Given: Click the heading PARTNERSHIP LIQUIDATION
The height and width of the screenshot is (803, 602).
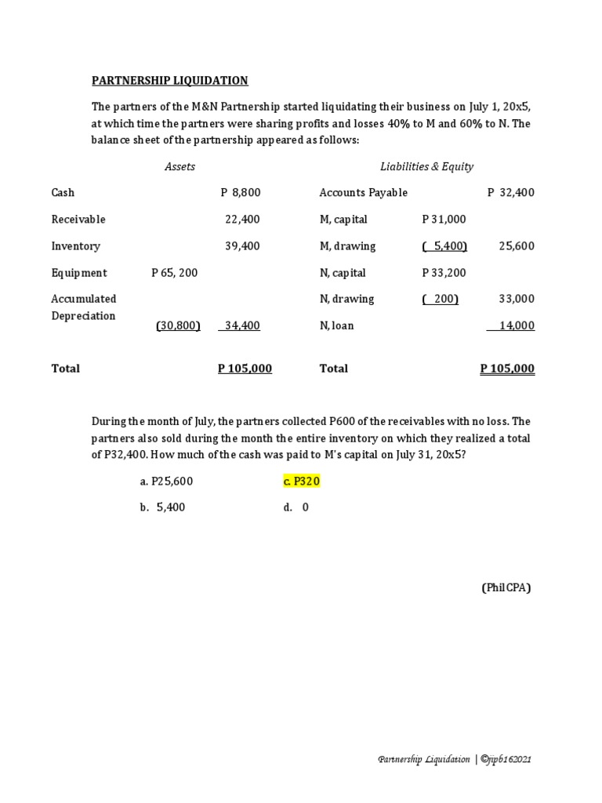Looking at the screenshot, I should (170, 80).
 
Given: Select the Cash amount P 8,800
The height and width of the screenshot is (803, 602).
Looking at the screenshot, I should (241, 192).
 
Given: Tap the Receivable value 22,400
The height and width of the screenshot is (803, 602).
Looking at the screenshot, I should (242, 220).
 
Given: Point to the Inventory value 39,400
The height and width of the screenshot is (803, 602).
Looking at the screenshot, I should (242, 246).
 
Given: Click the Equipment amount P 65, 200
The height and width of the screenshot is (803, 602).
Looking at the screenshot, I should (174, 273).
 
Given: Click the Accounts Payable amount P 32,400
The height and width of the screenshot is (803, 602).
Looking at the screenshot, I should (510, 192).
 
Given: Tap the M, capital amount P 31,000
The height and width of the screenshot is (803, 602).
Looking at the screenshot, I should (444, 220).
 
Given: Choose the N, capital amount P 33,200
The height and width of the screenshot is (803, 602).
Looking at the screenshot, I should (444, 273).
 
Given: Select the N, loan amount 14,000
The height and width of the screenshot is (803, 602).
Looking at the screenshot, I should (513, 325).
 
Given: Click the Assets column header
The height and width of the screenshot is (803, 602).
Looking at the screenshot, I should (180, 166).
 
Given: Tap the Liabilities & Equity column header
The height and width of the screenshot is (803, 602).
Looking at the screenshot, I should (426, 166).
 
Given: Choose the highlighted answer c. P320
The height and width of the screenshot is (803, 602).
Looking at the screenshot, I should (302, 481).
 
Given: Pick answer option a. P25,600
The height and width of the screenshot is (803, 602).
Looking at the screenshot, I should (166, 481).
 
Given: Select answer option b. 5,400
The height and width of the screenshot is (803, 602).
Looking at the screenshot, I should (162, 507).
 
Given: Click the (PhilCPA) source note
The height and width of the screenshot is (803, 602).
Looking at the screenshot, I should (506, 587).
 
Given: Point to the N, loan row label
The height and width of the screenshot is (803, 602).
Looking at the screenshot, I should (336, 325).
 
